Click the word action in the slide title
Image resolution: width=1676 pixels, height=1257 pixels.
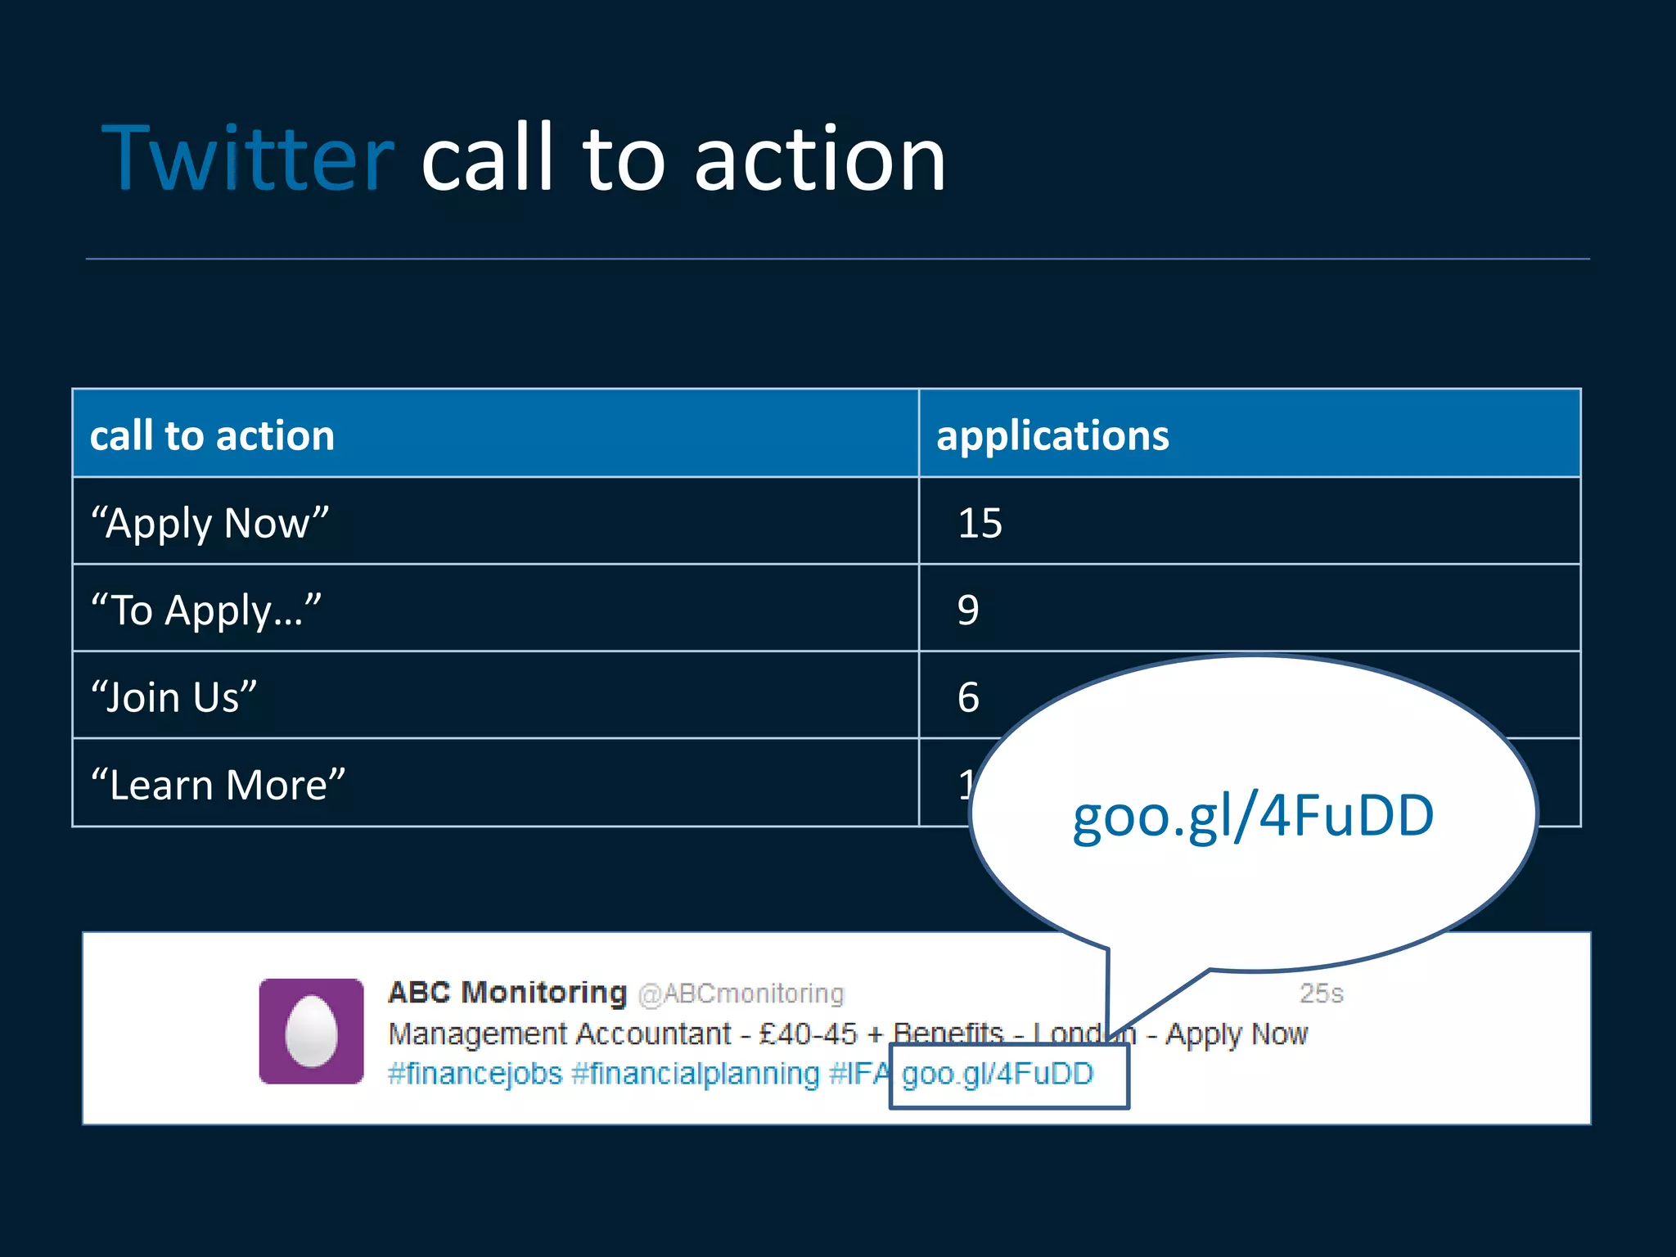[820, 160]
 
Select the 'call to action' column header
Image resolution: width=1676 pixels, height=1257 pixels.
[212, 435]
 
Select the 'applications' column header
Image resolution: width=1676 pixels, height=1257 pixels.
[1052, 435]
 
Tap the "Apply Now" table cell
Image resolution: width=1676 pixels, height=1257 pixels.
[210, 523]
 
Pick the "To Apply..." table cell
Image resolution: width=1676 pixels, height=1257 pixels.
[206, 610]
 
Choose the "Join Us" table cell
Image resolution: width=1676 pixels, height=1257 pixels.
[174, 697]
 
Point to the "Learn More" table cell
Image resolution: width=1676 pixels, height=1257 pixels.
[219, 785]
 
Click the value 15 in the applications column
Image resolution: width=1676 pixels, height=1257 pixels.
[980, 523]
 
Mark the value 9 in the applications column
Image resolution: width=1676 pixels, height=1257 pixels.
[968, 610]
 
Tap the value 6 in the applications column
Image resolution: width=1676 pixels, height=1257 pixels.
[968, 697]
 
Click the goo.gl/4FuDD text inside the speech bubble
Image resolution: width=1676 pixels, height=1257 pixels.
[1253, 816]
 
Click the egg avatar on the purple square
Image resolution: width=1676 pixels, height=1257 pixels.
[311, 1031]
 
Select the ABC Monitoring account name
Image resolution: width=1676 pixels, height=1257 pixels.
[507, 993]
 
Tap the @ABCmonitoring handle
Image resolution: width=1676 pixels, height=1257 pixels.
[741, 993]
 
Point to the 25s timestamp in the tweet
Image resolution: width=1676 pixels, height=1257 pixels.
[1321, 993]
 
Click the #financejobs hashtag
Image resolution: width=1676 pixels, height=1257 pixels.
[475, 1074]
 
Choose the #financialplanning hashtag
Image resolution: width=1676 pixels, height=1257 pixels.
[696, 1074]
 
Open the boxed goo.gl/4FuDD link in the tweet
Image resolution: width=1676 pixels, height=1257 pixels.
[998, 1074]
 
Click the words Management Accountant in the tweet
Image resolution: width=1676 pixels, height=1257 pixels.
[560, 1034]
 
